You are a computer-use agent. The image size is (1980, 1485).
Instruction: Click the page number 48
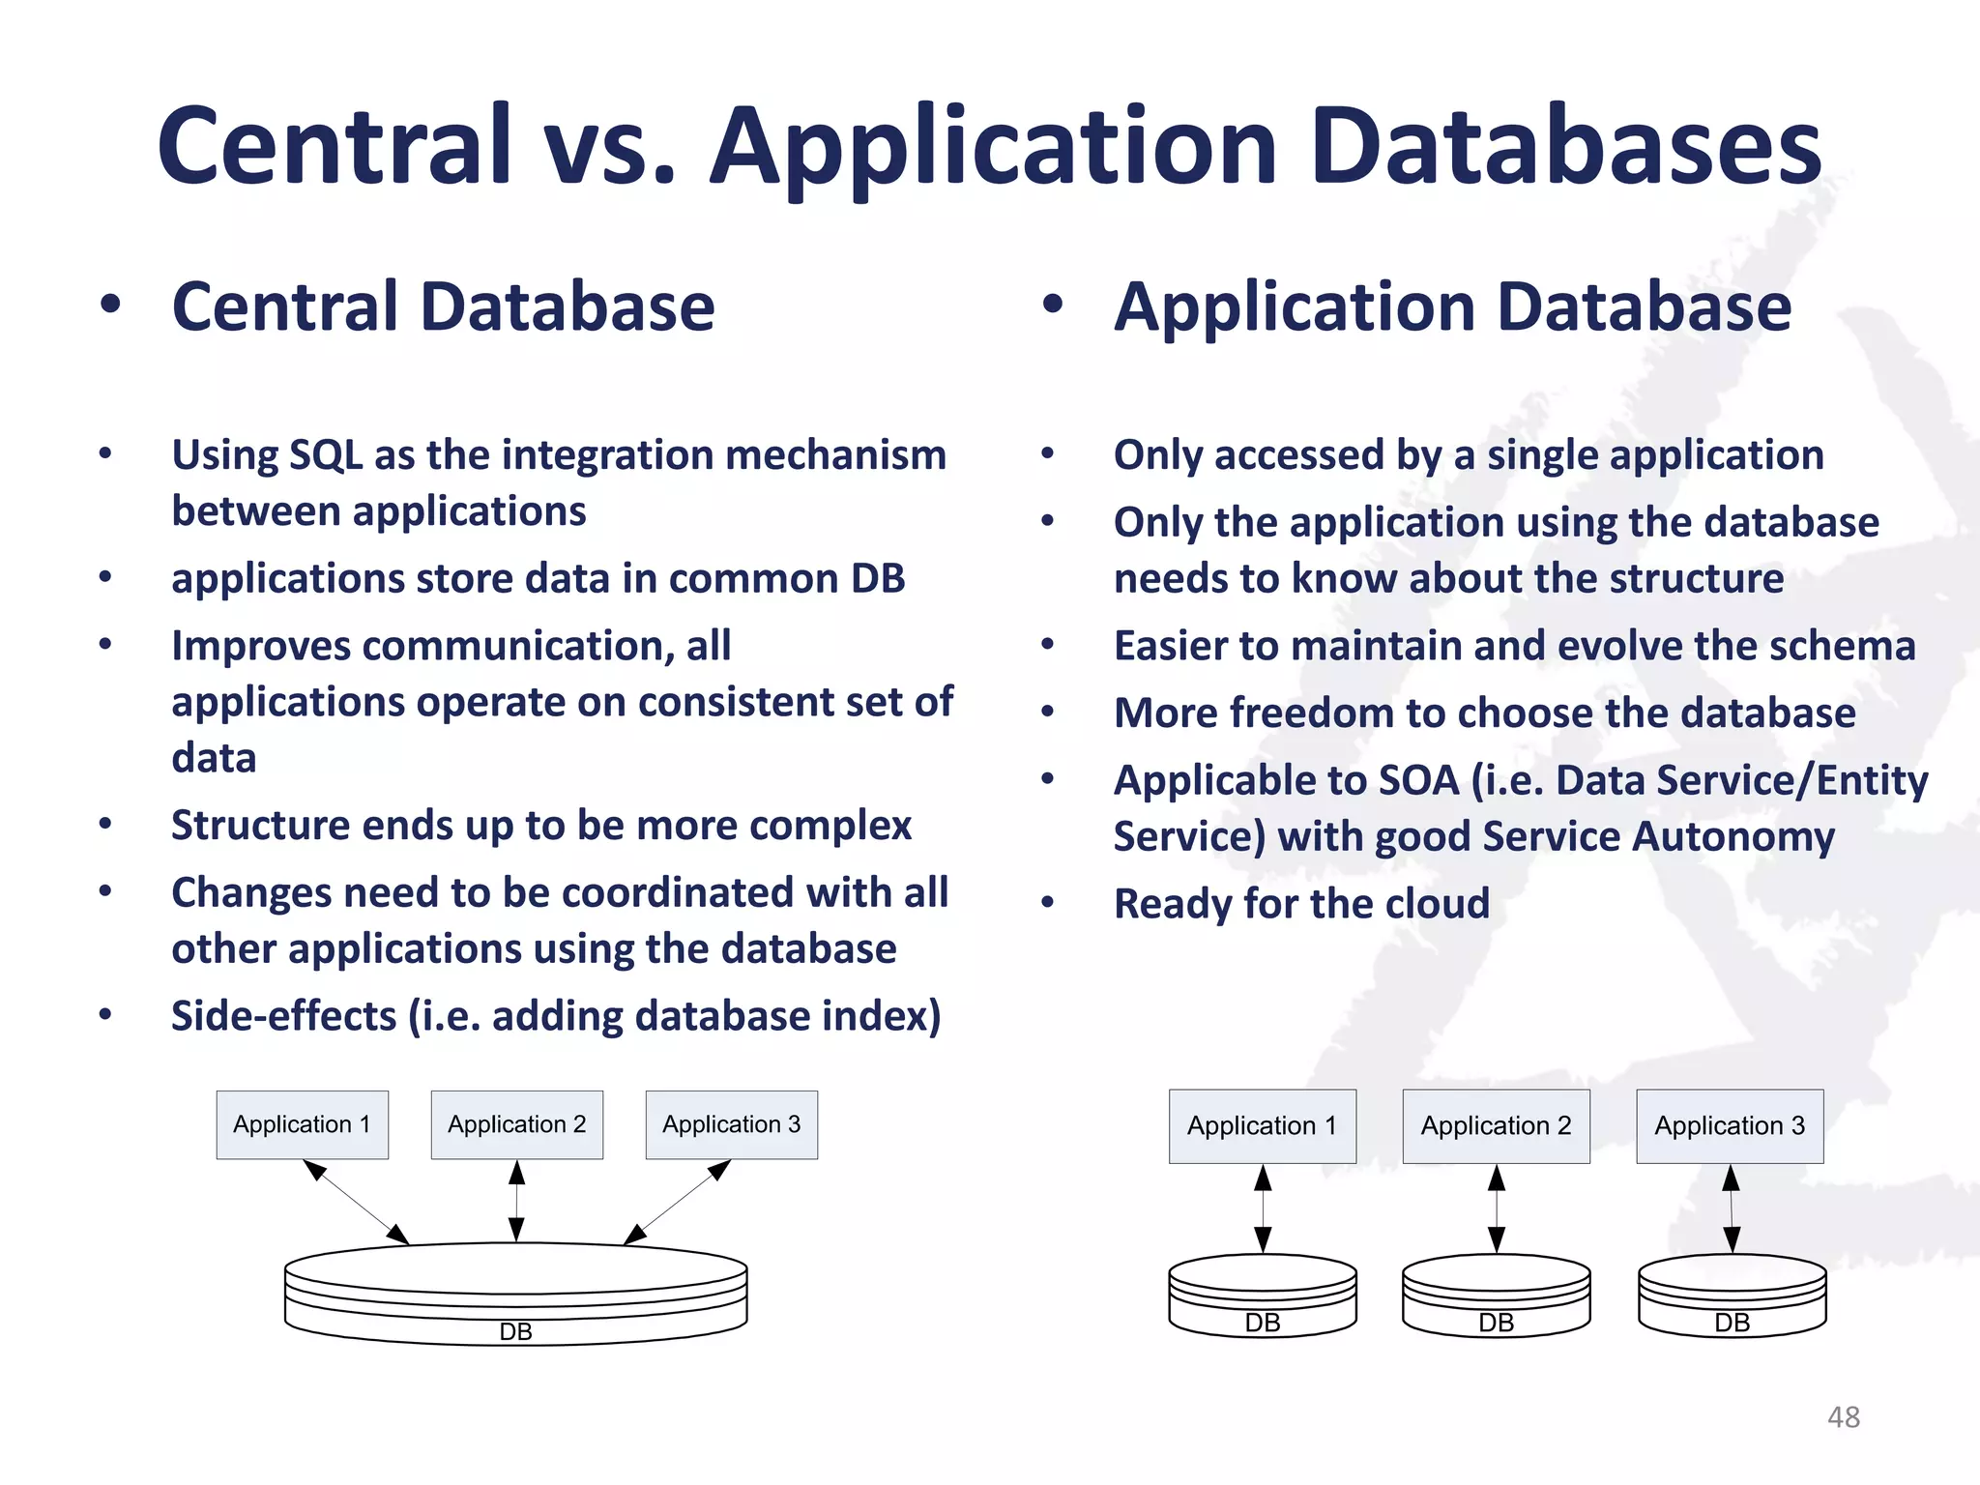pyautogui.click(x=1843, y=1417)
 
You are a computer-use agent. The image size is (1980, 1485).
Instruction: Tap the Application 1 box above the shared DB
pyautogui.click(x=302, y=1124)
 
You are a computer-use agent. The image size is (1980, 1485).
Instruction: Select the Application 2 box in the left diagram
pyautogui.click(x=516, y=1124)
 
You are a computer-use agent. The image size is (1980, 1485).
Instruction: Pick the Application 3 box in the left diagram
pyautogui.click(x=731, y=1124)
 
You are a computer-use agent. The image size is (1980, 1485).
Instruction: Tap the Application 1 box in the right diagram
pyautogui.click(x=1262, y=1126)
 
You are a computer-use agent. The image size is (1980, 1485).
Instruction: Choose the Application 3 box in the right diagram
pyautogui.click(x=1730, y=1126)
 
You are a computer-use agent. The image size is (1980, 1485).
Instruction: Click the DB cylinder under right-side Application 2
pyautogui.click(x=1496, y=1296)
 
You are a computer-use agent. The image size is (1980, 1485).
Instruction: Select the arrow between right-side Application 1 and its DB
pyautogui.click(x=1263, y=1208)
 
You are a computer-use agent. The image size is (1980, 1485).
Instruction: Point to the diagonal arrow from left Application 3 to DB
pyautogui.click(x=677, y=1202)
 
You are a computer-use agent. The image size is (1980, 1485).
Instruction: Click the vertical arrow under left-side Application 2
pyautogui.click(x=516, y=1201)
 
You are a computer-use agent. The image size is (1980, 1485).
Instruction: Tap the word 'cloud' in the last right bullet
pyautogui.click(x=1437, y=904)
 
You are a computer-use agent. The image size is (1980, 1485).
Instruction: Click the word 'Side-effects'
pyautogui.click(x=283, y=1016)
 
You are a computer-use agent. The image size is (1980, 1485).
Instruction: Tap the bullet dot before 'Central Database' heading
pyautogui.click(x=110, y=305)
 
